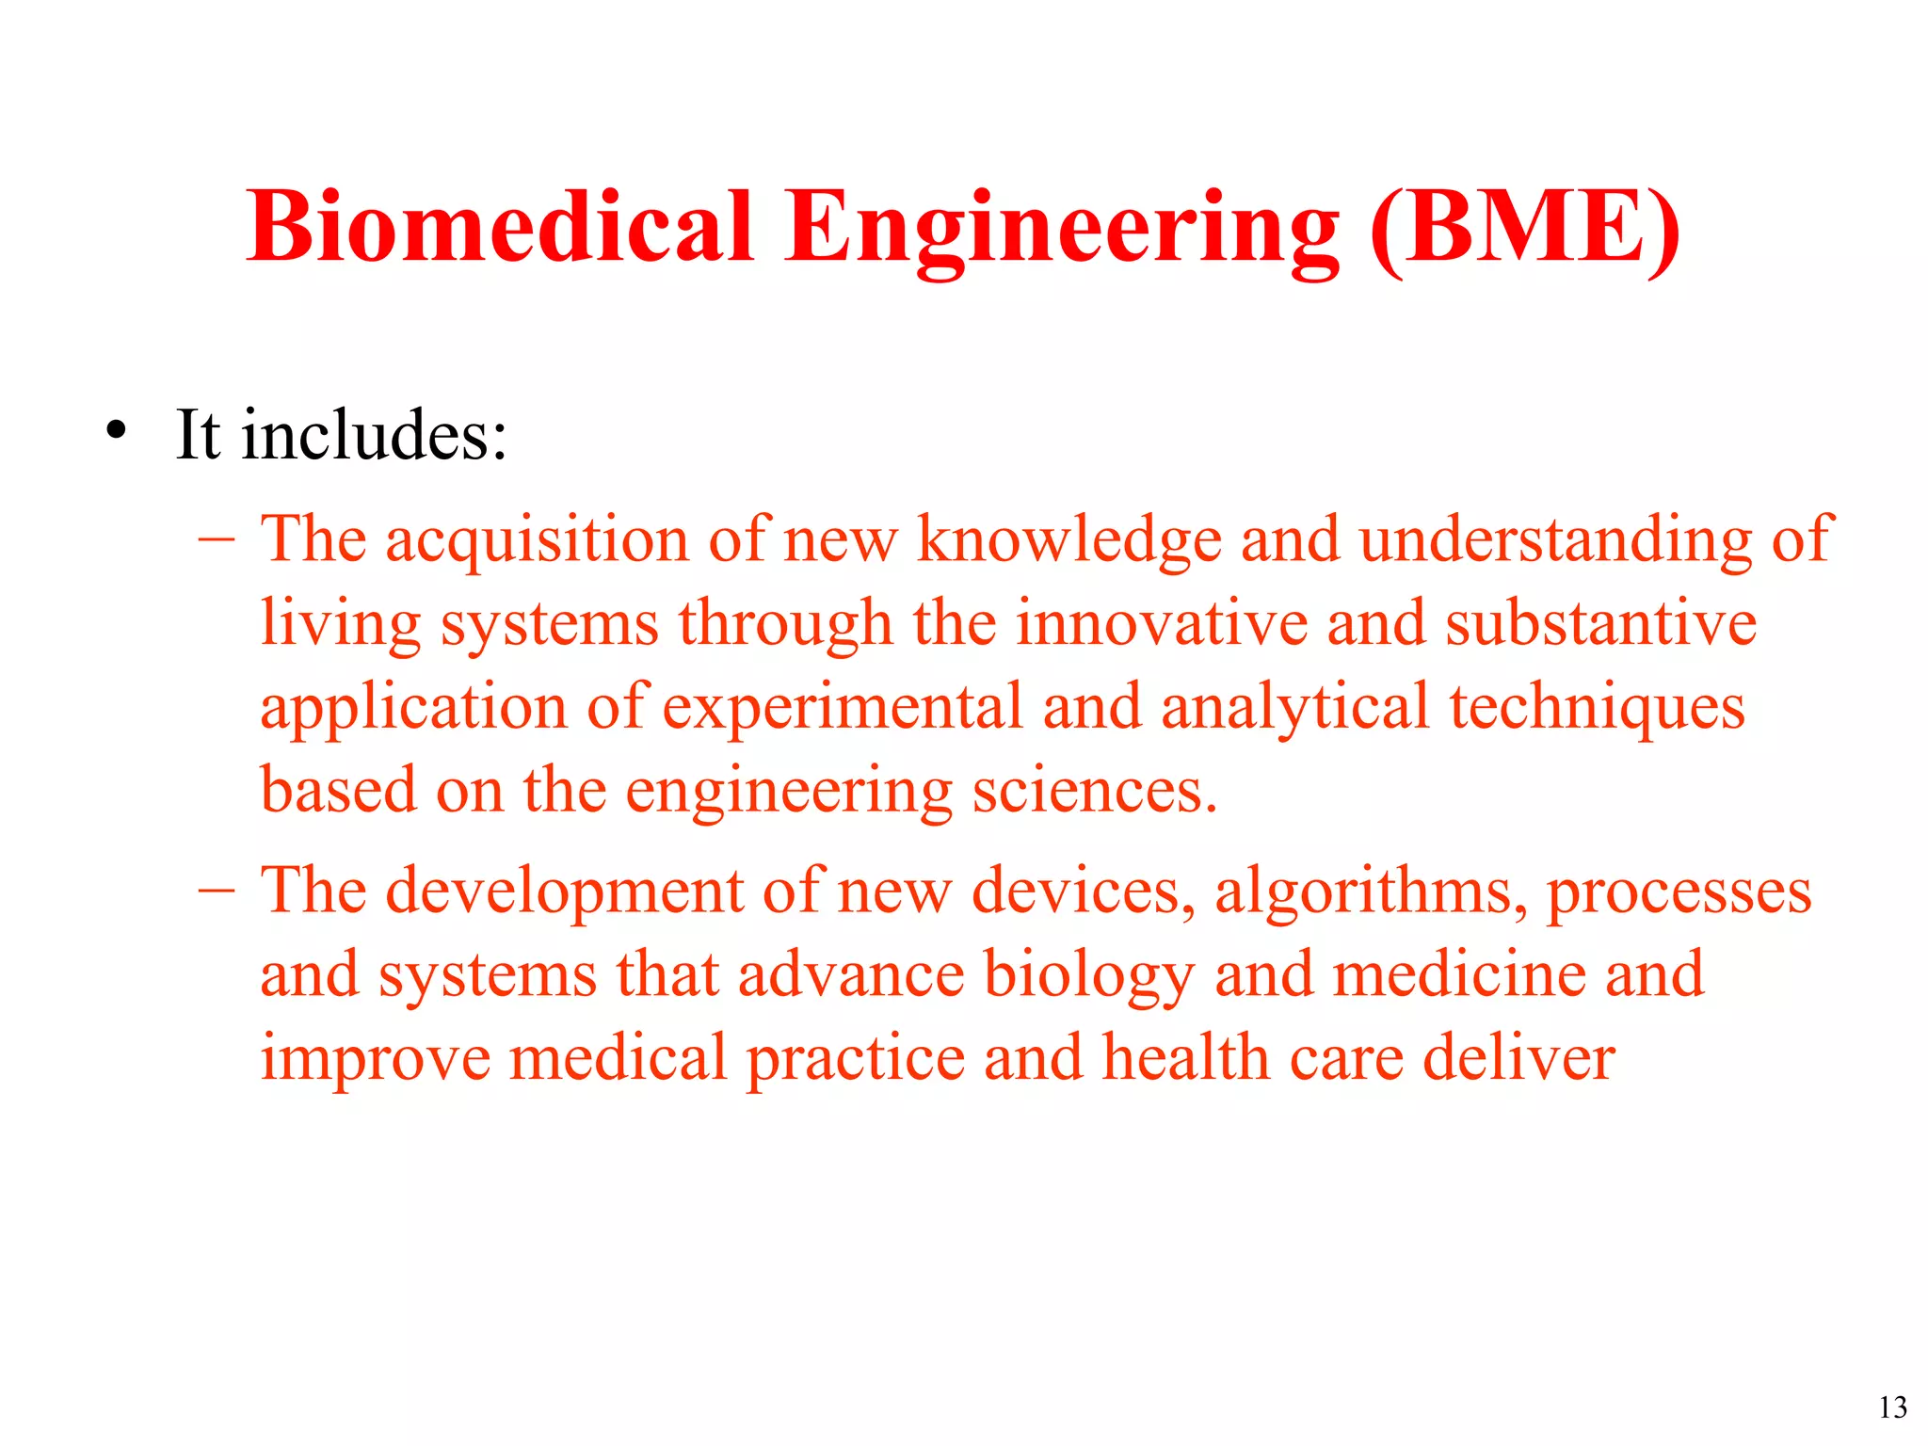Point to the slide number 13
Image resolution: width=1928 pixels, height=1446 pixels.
[1892, 1407]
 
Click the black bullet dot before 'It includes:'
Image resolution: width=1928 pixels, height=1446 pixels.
[116, 430]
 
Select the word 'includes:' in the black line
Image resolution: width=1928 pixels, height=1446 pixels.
[374, 435]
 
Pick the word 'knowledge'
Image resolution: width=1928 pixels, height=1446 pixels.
[1069, 540]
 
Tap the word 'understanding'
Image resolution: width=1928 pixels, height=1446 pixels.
[1555, 540]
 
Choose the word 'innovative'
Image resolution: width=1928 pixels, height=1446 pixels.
[1162, 623]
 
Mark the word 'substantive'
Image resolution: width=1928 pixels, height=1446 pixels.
[1600, 623]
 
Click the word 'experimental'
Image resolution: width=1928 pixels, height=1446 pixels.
[843, 708]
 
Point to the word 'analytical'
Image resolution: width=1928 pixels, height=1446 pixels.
[1294, 708]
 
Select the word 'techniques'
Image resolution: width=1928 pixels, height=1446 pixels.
[1597, 708]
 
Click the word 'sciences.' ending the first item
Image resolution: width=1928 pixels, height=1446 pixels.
[1095, 791]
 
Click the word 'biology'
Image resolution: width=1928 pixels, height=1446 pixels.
[1089, 975]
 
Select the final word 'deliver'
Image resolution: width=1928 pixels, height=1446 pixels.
[1518, 1057]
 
